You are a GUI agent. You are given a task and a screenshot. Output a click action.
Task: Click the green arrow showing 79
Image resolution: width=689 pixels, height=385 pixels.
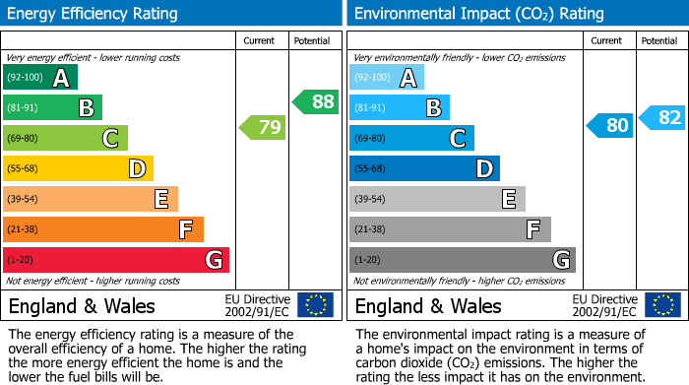pyautogui.click(x=262, y=127)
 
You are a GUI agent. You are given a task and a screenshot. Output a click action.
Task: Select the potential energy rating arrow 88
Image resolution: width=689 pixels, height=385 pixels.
pyautogui.click(x=315, y=101)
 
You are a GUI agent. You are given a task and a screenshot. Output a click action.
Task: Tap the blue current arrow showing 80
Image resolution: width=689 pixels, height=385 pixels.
pyautogui.click(x=609, y=126)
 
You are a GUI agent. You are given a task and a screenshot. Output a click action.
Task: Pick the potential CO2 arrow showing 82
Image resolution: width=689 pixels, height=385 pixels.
pyautogui.click(x=661, y=118)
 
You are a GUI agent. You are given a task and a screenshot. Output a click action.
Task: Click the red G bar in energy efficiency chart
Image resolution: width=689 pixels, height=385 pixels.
pyautogui.click(x=115, y=260)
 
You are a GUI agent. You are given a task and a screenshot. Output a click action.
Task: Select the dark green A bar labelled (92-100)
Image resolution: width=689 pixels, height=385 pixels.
pyautogui.click(x=39, y=77)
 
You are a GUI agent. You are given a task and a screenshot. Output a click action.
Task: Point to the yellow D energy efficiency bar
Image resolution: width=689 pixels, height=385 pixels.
pyautogui.click(x=78, y=168)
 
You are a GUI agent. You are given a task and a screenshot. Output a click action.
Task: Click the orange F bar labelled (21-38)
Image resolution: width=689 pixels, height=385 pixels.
pyautogui.click(x=102, y=229)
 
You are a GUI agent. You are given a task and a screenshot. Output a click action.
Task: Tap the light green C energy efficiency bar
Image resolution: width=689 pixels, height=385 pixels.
pyautogui.click(x=65, y=138)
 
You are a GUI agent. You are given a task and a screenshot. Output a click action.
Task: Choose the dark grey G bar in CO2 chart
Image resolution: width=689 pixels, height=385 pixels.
pyautogui.click(x=462, y=260)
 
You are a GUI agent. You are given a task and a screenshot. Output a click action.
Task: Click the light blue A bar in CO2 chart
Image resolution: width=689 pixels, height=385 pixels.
pyautogui.click(x=386, y=77)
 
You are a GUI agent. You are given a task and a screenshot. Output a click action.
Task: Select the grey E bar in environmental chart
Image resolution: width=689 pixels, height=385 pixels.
pyautogui.click(x=436, y=199)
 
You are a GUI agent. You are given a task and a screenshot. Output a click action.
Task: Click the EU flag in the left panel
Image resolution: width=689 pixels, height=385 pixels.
pyautogui.click(x=315, y=305)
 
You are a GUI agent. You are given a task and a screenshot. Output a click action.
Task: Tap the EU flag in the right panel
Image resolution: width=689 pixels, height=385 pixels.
pyautogui.click(x=661, y=305)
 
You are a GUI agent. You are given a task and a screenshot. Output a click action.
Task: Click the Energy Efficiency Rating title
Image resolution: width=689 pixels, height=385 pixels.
pyautogui.click(x=94, y=14)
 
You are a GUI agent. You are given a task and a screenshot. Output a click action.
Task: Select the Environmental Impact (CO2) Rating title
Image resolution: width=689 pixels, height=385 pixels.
pyautogui.click(x=478, y=14)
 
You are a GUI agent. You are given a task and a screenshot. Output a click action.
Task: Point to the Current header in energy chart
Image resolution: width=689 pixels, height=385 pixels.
pyautogui.click(x=261, y=40)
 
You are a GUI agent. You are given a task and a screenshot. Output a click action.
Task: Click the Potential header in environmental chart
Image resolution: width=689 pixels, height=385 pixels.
pyautogui.click(x=659, y=40)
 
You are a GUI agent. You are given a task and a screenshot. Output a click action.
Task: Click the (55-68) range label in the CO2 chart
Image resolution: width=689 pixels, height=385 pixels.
pyautogui.click(x=371, y=168)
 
